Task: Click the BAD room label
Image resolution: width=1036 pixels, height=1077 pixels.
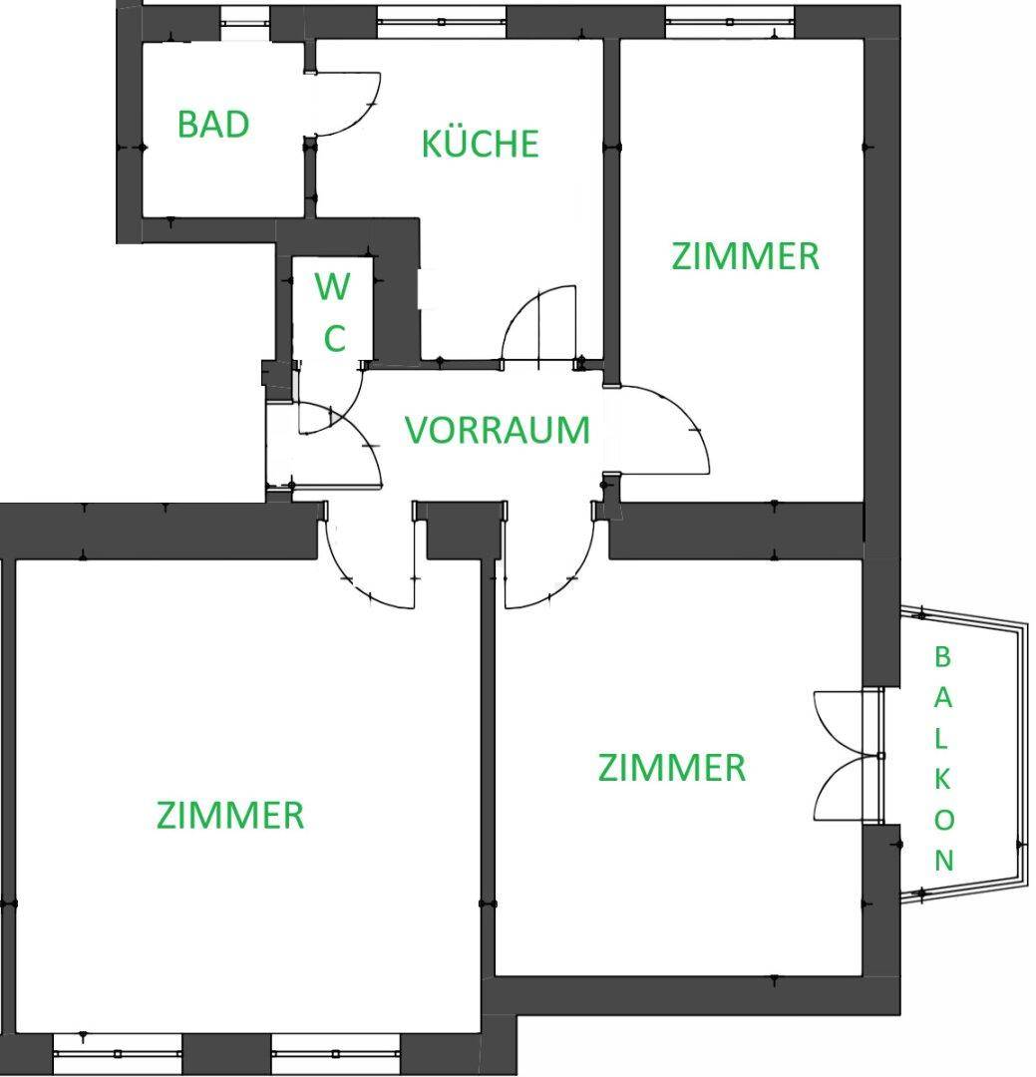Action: [x=213, y=125]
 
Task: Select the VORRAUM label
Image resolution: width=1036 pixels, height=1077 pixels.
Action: [x=498, y=430]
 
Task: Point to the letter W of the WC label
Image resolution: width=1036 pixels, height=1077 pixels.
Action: [x=332, y=286]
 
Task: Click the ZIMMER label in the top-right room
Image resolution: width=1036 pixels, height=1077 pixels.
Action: [x=746, y=256]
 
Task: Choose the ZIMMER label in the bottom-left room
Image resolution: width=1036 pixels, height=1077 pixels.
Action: [x=230, y=816]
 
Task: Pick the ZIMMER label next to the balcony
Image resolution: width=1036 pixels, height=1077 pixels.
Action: [x=672, y=767]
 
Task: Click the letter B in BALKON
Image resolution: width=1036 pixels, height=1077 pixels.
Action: [x=942, y=656]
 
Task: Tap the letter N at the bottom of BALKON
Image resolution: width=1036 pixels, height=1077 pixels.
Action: [x=944, y=860]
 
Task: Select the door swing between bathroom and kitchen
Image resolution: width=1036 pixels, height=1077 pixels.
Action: [x=343, y=103]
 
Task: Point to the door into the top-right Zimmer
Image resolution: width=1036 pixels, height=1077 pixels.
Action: [x=659, y=430]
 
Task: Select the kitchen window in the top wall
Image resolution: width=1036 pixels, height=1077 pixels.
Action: [x=441, y=22]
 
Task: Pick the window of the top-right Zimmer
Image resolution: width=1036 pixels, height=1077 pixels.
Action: [x=730, y=22]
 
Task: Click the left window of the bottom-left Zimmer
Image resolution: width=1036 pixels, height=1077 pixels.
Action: [x=118, y=1053]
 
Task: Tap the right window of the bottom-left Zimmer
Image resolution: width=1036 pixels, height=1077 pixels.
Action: [x=335, y=1053]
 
